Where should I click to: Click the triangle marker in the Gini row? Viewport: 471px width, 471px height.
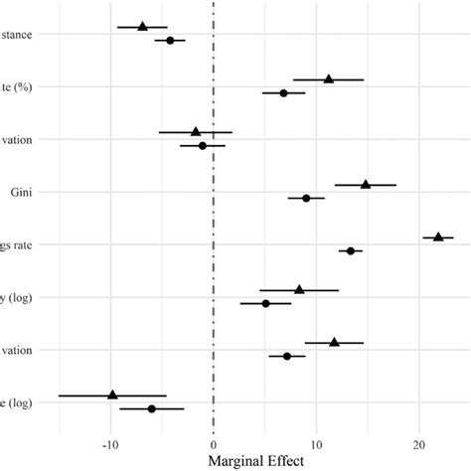tap(366, 184)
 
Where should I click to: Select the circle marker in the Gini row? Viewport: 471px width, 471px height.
tap(306, 199)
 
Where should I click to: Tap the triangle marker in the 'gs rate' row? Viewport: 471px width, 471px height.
tap(438, 236)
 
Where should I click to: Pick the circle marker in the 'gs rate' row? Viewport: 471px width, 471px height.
tap(351, 251)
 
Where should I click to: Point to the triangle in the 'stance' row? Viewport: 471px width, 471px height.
tap(142, 26)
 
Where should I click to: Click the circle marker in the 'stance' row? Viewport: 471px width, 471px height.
tap(170, 41)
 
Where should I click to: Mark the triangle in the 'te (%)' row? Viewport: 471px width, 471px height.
tap(329, 78)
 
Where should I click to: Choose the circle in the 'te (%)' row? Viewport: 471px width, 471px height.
tap(283, 93)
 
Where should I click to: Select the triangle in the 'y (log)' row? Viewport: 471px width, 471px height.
tap(299, 289)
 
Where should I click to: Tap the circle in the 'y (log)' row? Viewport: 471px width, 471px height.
tap(265, 303)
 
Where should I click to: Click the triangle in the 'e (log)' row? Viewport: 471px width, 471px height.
tap(112, 394)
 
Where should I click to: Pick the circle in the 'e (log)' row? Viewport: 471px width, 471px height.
tap(151, 408)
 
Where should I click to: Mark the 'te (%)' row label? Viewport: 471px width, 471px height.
tap(17, 86)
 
